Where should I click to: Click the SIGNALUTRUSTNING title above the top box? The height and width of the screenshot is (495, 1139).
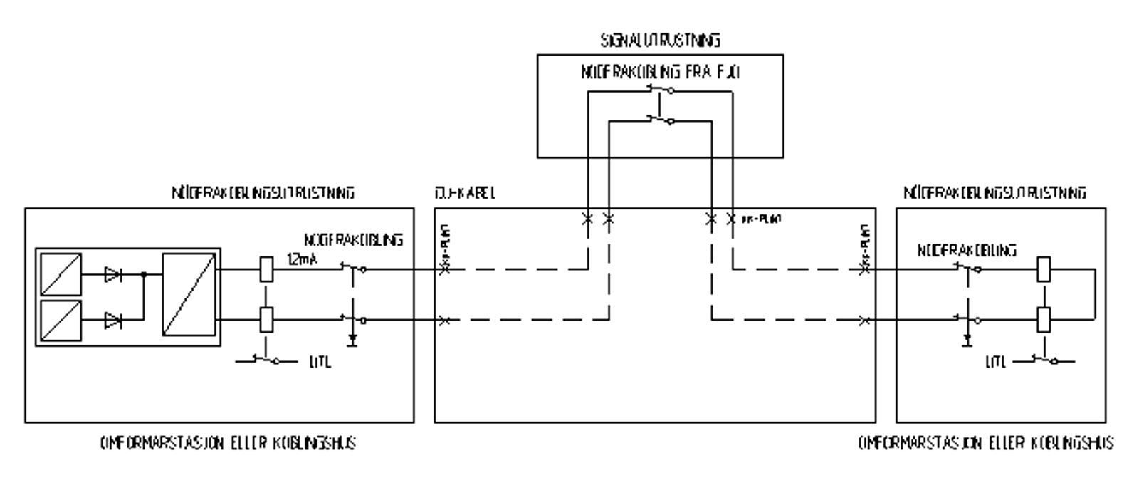coord(660,40)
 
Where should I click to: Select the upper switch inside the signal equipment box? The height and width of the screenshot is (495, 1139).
coord(661,89)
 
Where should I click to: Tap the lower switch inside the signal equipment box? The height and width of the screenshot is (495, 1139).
coord(661,120)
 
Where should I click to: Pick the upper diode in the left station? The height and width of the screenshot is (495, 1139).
coord(112,273)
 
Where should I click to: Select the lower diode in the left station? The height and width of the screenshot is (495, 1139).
coord(112,321)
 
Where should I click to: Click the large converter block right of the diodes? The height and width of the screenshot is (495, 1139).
coord(189,294)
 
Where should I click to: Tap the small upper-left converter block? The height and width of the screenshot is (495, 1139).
coord(61,273)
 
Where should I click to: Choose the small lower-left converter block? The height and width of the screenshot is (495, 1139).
coord(61,321)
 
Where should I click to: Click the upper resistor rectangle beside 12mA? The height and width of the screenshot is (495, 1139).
coord(266,270)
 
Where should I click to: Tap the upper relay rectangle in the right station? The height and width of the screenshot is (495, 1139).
coord(1044,270)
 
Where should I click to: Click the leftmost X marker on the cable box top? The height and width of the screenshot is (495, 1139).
coord(587,219)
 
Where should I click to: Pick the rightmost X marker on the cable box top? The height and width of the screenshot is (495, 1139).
coord(731,219)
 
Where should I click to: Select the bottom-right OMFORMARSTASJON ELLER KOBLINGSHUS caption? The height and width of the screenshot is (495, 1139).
coord(986,443)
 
